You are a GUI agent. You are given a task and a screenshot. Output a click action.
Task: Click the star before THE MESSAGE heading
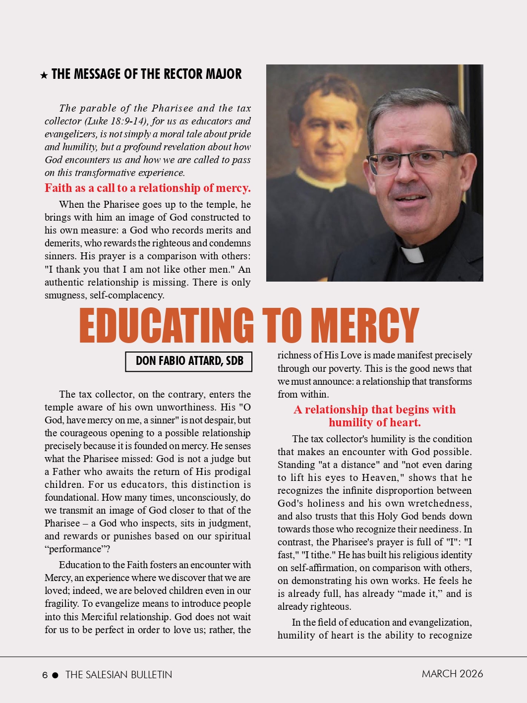click(44, 75)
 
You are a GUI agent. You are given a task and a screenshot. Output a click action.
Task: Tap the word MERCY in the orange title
click(367, 326)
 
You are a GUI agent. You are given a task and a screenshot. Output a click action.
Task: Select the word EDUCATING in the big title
click(166, 326)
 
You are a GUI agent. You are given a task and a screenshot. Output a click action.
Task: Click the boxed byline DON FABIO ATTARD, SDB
click(189, 361)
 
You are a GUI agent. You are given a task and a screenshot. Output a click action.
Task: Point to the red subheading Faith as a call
click(147, 188)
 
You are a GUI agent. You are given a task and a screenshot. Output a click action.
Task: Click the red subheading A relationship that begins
click(374, 415)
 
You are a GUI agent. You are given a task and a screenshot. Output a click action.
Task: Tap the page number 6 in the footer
click(45, 675)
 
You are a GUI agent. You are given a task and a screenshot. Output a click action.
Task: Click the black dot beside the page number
click(55, 675)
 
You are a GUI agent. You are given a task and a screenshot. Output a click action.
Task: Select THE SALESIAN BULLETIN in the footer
click(118, 675)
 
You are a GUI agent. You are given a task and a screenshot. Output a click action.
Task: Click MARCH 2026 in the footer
click(452, 674)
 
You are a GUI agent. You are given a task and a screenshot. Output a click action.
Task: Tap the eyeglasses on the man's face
click(407, 162)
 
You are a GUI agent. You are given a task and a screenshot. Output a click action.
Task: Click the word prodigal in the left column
click(229, 471)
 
